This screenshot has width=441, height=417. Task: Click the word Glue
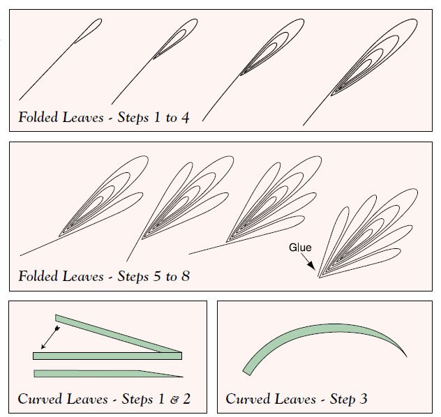click(300, 248)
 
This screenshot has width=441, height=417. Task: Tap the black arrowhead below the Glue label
click(312, 266)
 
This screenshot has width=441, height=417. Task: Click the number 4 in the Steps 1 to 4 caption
click(185, 117)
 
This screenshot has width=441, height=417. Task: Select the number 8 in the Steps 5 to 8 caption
click(186, 276)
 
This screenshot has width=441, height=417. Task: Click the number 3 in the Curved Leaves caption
click(363, 398)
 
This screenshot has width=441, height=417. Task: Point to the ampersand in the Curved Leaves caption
click(174, 400)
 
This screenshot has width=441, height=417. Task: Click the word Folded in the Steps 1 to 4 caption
click(38, 117)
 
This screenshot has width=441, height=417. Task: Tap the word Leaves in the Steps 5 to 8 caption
click(83, 276)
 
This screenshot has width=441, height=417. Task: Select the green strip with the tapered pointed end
click(108, 374)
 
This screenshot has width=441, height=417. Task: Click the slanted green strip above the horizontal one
click(118, 333)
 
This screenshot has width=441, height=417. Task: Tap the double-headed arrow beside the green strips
click(50, 338)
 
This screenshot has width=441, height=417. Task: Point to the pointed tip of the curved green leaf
click(407, 356)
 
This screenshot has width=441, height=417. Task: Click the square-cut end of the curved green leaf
click(246, 373)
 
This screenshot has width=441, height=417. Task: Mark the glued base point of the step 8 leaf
click(319, 278)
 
